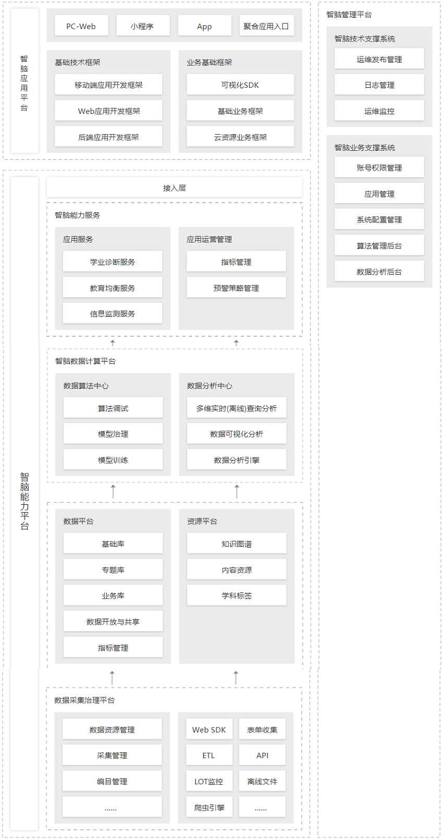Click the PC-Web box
pos(81,26)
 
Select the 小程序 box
pos(143,26)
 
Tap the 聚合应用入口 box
pos(266,26)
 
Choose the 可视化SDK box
pos(240,85)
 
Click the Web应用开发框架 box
pos(108,111)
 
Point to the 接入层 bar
pos(174,187)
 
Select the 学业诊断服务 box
pos(113,262)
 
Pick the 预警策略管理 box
pos(236,288)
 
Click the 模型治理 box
pos(113,433)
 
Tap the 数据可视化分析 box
pos(237,433)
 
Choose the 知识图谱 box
pos(237,543)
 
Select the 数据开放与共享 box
pos(113,621)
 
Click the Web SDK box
pos(209,729)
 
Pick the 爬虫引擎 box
pos(209,808)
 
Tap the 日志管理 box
pos(379,85)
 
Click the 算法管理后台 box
pos(379,245)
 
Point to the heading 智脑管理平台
pos(349,15)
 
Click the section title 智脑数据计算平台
pos(85,361)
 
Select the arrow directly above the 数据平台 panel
pos(113,491)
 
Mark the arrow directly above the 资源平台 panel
pos(237,491)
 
